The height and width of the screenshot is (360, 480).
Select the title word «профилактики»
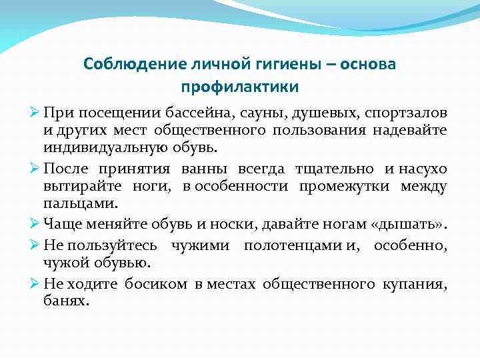click(x=239, y=87)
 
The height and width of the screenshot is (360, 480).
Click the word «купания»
click(x=415, y=285)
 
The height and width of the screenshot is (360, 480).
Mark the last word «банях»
click(x=65, y=301)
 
